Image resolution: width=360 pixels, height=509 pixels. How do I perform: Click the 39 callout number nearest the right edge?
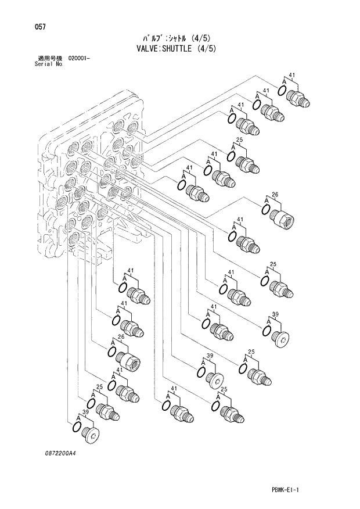point(275,314)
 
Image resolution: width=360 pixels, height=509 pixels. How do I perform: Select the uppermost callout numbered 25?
point(239,141)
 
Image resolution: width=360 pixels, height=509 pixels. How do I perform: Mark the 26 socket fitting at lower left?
point(128,362)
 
